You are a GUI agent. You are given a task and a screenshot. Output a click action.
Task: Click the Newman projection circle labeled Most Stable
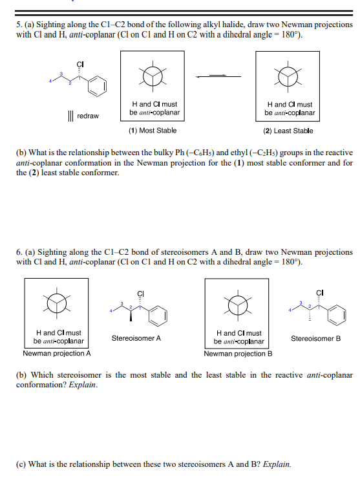153,76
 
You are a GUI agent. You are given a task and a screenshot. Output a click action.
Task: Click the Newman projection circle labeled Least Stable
288,76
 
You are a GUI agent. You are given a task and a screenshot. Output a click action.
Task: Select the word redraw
87,116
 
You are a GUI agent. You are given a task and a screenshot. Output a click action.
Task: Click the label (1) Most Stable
153,131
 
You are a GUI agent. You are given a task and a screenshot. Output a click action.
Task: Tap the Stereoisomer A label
136,338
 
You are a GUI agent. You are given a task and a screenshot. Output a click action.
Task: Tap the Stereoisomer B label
315,338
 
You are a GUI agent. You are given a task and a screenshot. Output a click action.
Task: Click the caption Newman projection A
57,354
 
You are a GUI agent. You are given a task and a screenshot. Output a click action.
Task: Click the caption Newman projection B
238,354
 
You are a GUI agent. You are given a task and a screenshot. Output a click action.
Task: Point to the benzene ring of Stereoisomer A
159,316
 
